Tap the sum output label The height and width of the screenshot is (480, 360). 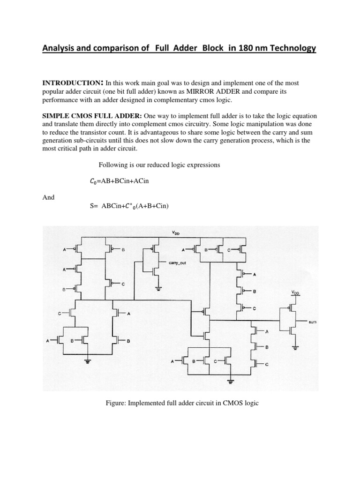pos(313,322)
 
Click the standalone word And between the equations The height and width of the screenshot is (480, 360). pos(48,197)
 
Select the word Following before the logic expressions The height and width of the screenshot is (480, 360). pos(113,165)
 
